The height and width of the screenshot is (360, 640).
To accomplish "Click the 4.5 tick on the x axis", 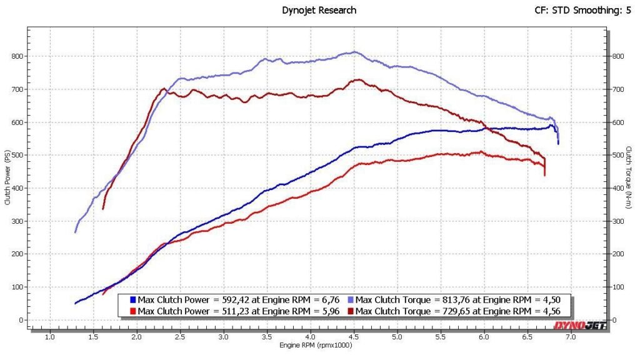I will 354,337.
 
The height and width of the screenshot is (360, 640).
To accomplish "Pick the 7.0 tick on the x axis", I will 571,337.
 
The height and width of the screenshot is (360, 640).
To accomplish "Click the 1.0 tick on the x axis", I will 50,337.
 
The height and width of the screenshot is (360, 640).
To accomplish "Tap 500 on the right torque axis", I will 617,155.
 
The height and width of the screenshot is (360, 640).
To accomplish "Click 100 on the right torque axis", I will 617,287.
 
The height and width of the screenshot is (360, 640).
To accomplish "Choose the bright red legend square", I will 133,311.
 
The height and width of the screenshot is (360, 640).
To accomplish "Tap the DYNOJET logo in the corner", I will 579,325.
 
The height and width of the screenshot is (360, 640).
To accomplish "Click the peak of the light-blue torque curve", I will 354,52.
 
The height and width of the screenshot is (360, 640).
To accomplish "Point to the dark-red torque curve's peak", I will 357,79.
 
